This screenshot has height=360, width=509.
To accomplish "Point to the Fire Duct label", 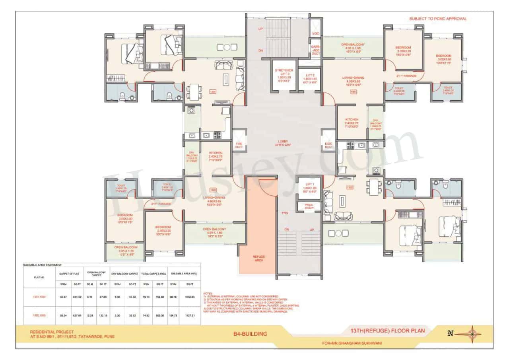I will point(239,145).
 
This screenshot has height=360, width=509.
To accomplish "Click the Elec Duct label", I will point(328,145).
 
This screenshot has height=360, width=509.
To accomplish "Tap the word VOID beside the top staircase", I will point(316,34).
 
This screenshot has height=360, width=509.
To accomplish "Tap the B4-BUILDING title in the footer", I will point(250,334).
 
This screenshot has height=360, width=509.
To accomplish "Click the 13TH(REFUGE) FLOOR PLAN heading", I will point(387,331).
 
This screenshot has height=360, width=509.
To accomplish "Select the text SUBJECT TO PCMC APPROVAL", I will point(438,19).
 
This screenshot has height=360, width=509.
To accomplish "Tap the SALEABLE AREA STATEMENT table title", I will point(42,265).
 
